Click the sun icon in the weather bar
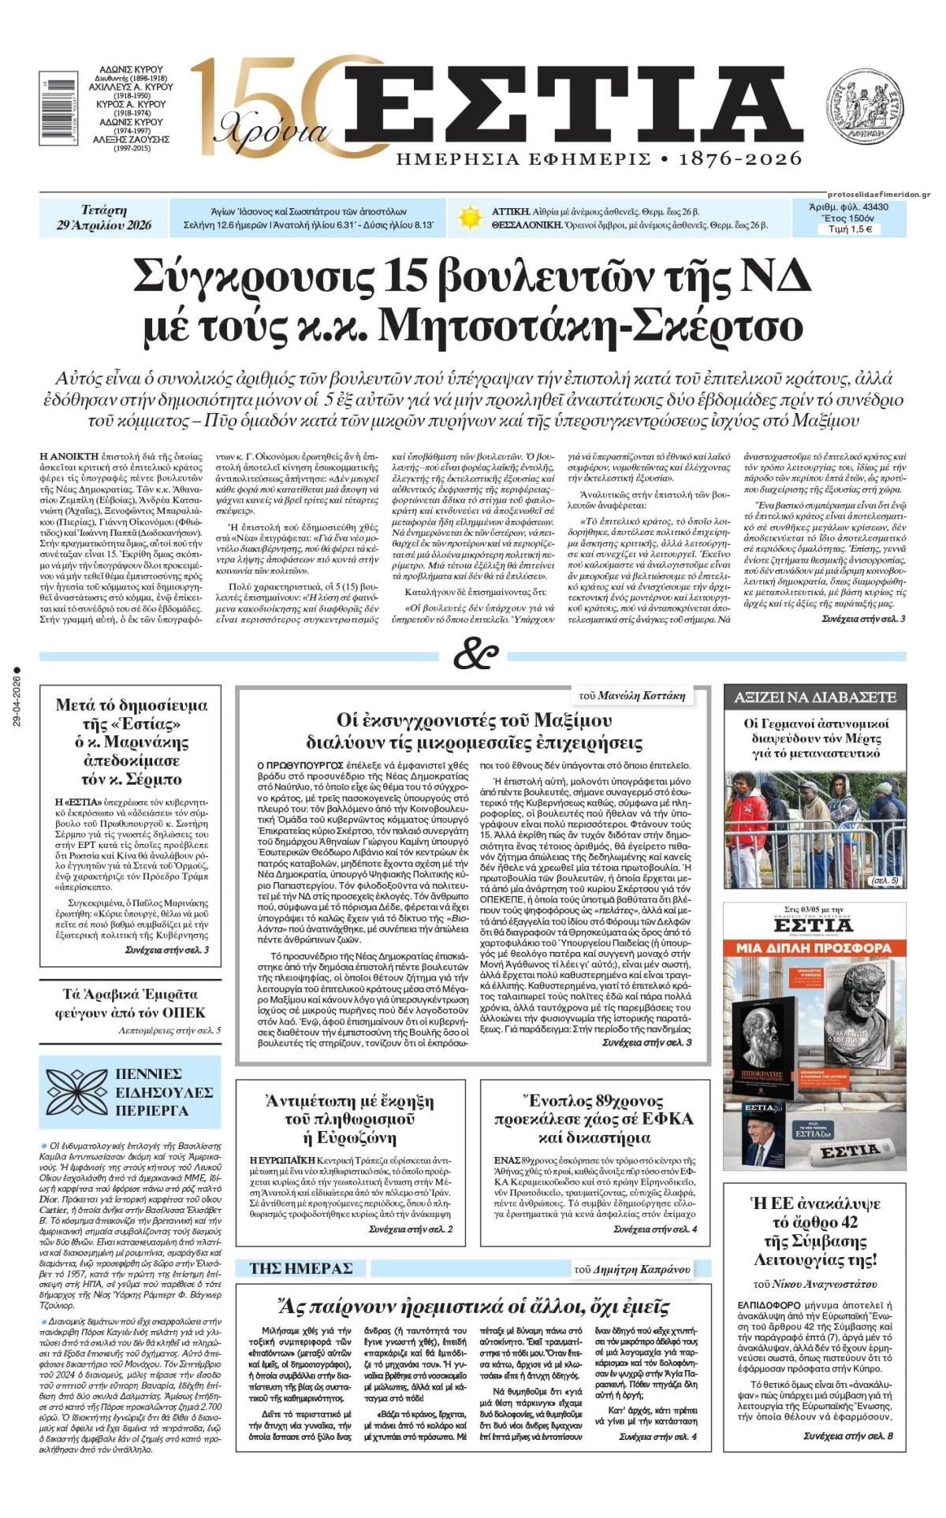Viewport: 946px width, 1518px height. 469,218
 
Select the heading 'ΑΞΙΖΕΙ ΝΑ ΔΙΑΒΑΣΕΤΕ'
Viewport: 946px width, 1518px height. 814,697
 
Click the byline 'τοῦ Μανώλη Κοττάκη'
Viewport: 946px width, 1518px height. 631,695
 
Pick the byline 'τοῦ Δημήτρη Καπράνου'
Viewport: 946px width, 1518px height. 631,1269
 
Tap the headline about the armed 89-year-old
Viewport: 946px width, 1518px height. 594,1119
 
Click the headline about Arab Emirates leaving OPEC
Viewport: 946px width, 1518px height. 130,1003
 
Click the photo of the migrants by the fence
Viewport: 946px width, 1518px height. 814,828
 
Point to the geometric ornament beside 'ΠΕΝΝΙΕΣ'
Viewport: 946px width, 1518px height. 76,1092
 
